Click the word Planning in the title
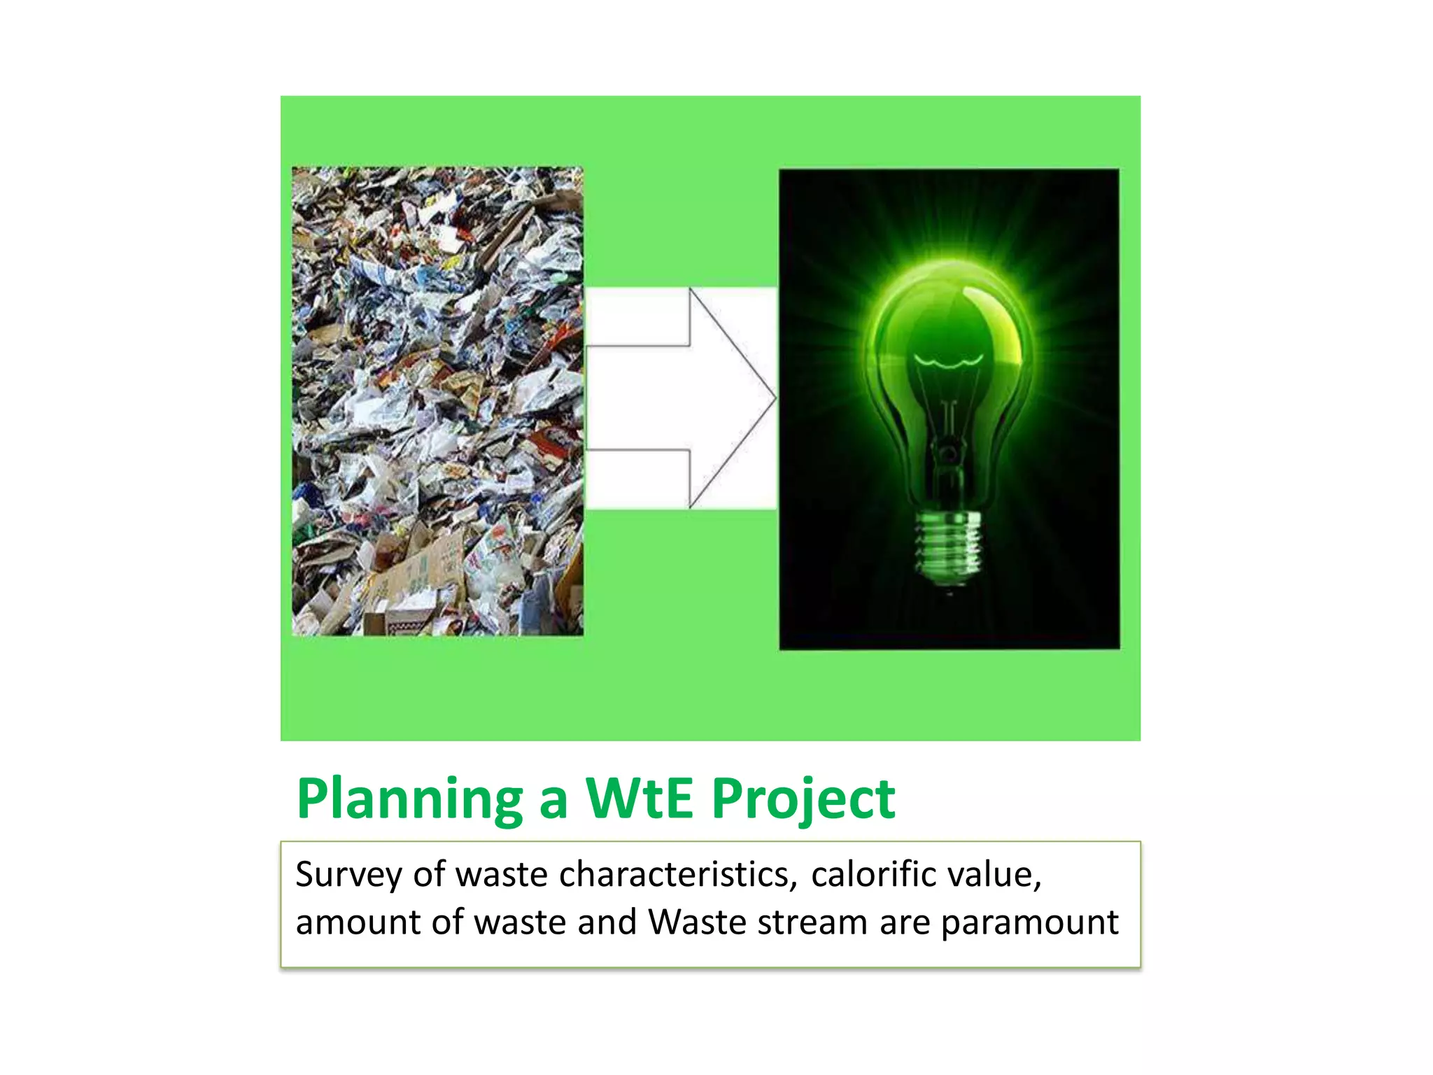coord(409,799)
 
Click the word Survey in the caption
coord(348,876)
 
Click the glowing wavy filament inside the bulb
coord(948,361)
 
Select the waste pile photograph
coord(437,401)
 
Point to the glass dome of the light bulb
coord(948,315)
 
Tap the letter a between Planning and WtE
coord(553,801)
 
